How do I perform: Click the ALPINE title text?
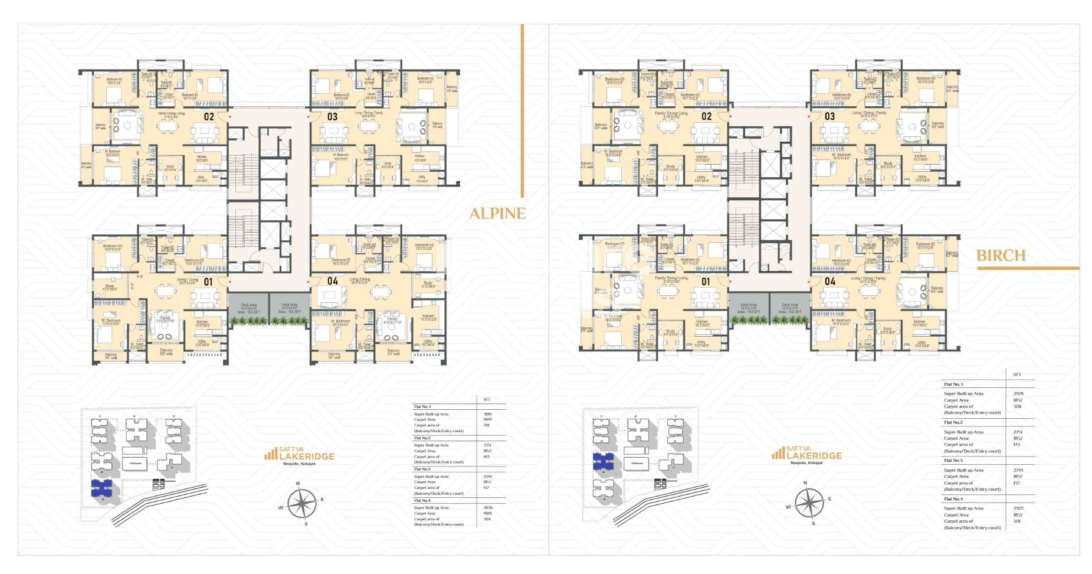point(497,214)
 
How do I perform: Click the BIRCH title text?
point(1001,256)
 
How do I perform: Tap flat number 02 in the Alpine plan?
point(209,117)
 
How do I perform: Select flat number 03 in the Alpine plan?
point(332,117)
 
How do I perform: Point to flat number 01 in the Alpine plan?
point(208,282)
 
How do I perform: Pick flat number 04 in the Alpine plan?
point(333,281)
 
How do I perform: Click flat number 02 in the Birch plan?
point(706,117)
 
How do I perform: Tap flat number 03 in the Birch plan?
point(829,116)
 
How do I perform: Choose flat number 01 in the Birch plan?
point(706,282)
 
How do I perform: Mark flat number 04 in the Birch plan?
point(830,282)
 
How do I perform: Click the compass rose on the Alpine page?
point(301,504)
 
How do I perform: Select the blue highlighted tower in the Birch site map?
point(603,462)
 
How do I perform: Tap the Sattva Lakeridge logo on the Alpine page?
point(299,455)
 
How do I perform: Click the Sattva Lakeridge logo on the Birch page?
point(806,454)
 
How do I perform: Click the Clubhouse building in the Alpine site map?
point(135,464)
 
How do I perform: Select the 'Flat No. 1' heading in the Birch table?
point(953,384)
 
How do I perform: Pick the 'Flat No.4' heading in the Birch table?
point(953,499)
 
